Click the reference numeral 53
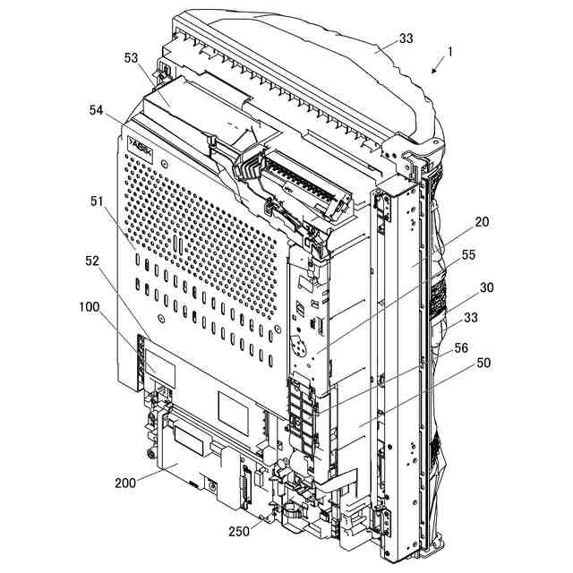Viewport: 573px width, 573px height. tap(132, 58)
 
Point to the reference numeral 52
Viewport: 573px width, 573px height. tap(92, 261)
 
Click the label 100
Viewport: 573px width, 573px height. tap(90, 306)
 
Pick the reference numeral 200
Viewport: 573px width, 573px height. tap(125, 483)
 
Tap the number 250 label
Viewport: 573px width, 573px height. tap(238, 531)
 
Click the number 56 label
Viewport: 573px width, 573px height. tap(461, 347)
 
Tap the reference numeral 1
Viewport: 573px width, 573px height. tap(450, 52)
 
